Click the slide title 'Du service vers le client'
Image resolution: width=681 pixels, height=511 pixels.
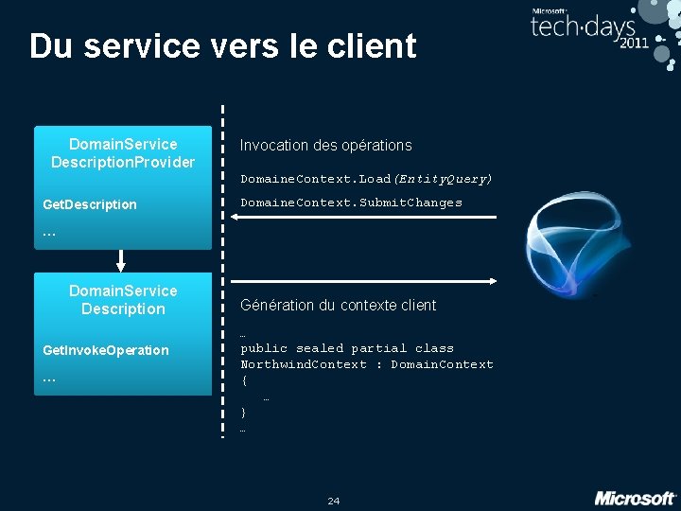(x=222, y=45)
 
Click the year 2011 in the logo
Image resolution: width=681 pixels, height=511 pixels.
(x=634, y=44)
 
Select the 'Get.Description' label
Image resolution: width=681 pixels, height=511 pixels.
(x=90, y=204)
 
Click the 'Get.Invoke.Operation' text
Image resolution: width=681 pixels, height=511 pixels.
(x=106, y=350)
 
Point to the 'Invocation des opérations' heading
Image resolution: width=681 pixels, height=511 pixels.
(x=326, y=145)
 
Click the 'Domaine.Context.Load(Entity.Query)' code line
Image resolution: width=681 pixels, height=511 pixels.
(x=366, y=178)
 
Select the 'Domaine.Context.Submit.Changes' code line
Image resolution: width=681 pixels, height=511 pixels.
(x=351, y=203)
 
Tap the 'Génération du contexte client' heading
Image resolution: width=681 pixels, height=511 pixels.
(x=338, y=305)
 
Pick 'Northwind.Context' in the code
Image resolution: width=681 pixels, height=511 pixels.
(x=304, y=364)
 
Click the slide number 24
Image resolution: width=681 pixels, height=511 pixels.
(x=333, y=501)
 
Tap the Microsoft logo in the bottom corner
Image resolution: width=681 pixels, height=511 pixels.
(x=635, y=498)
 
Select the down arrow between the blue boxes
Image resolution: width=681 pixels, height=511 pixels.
(x=122, y=260)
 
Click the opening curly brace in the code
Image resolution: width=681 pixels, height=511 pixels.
(x=244, y=380)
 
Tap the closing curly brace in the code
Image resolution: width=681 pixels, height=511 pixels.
(x=244, y=413)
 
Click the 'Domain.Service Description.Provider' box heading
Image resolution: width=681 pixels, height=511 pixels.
(x=123, y=153)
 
